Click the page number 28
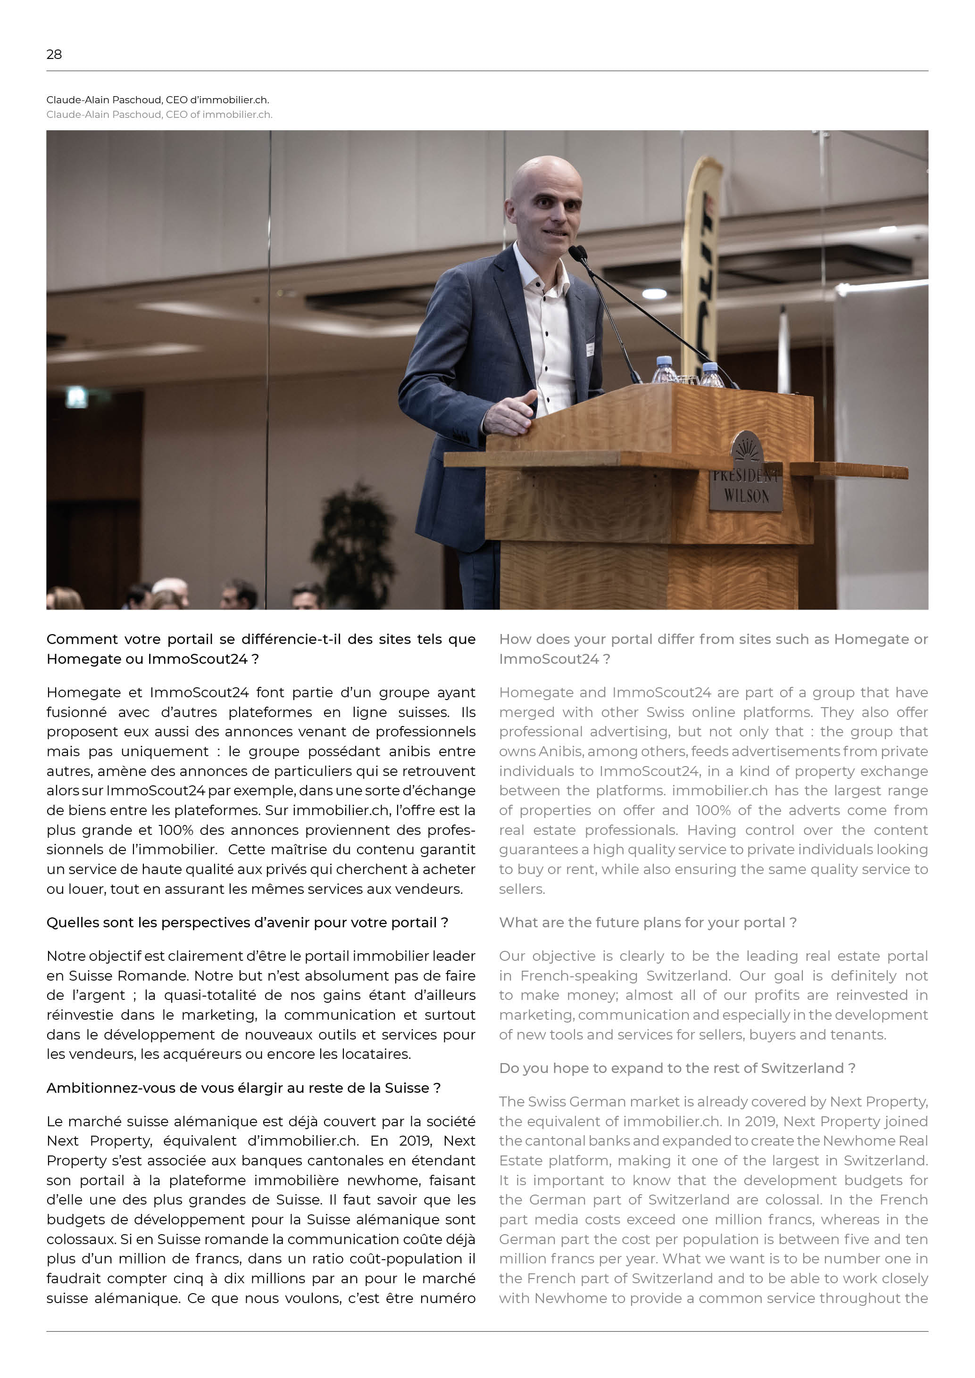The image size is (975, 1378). coord(54,55)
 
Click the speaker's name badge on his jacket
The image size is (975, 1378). coord(590,349)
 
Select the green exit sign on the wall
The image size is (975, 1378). coord(76,397)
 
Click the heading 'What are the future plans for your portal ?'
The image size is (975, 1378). coord(648,923)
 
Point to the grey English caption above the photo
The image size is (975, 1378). coord(159,115)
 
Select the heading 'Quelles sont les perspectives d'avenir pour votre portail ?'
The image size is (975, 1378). coord(247,923)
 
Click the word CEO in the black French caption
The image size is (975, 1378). coord(176,99)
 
